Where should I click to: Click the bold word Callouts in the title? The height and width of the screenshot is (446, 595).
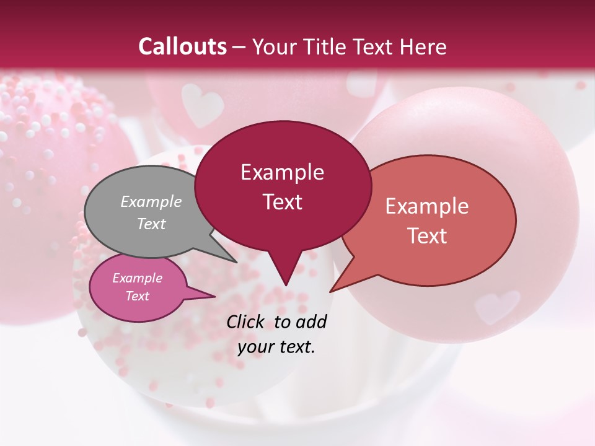182,46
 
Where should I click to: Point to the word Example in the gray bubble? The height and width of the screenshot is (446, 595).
151,201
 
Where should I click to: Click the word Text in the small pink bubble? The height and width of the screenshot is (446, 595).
138,296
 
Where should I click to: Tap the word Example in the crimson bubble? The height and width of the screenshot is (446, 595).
283,172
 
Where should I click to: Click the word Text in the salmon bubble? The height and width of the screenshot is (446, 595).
427,236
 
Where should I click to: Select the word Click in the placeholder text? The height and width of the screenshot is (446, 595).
246,321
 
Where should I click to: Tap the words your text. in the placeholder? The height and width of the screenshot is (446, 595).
276,347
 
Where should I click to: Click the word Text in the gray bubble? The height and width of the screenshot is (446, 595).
151,224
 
